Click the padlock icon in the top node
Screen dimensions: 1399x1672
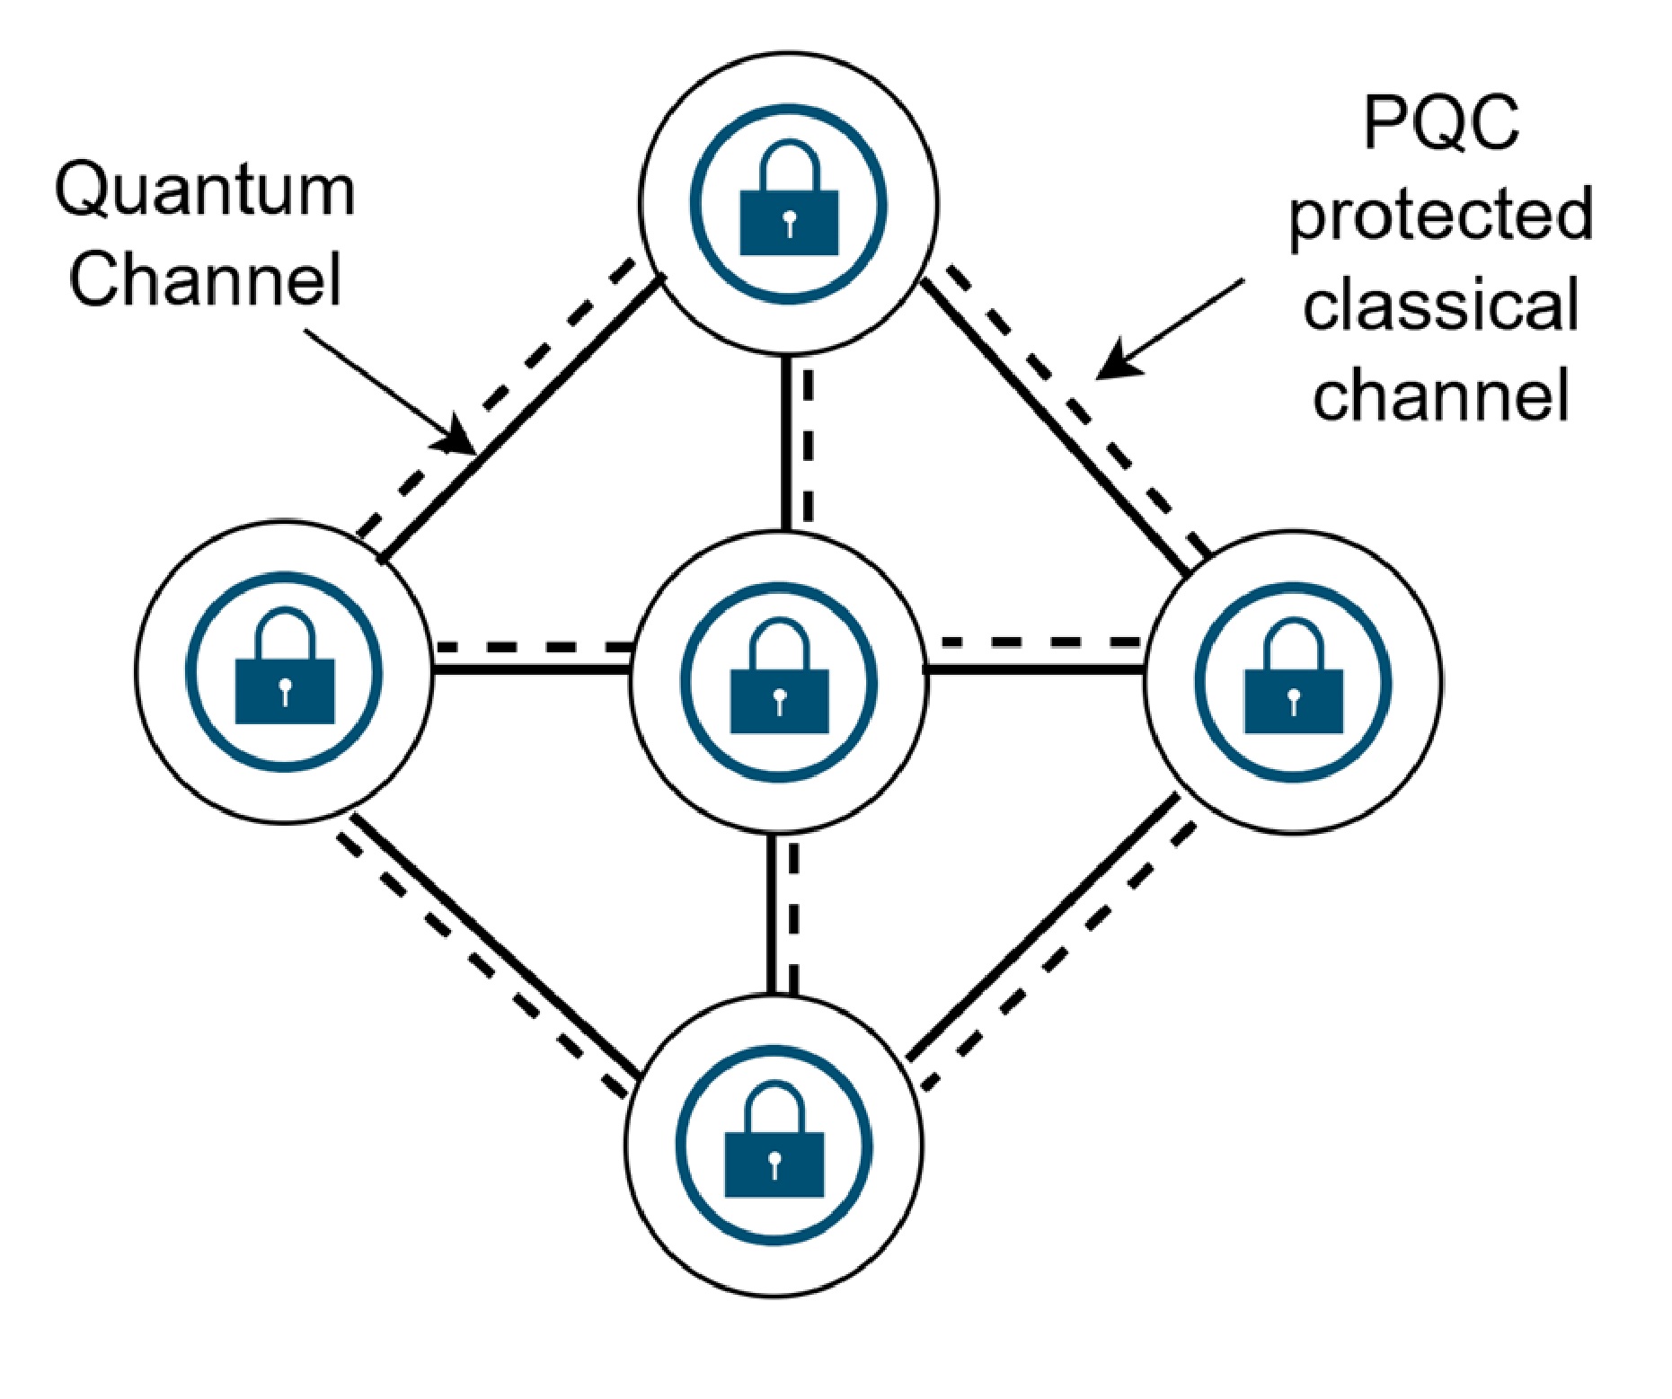788,205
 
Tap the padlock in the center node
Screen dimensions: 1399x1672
779,684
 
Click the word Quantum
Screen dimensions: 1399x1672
205,191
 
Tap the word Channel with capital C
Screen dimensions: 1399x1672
205,279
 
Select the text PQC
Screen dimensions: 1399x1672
1441,123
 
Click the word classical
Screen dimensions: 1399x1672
1441,305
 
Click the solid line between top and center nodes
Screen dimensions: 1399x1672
786,440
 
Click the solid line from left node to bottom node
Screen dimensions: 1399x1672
494,943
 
